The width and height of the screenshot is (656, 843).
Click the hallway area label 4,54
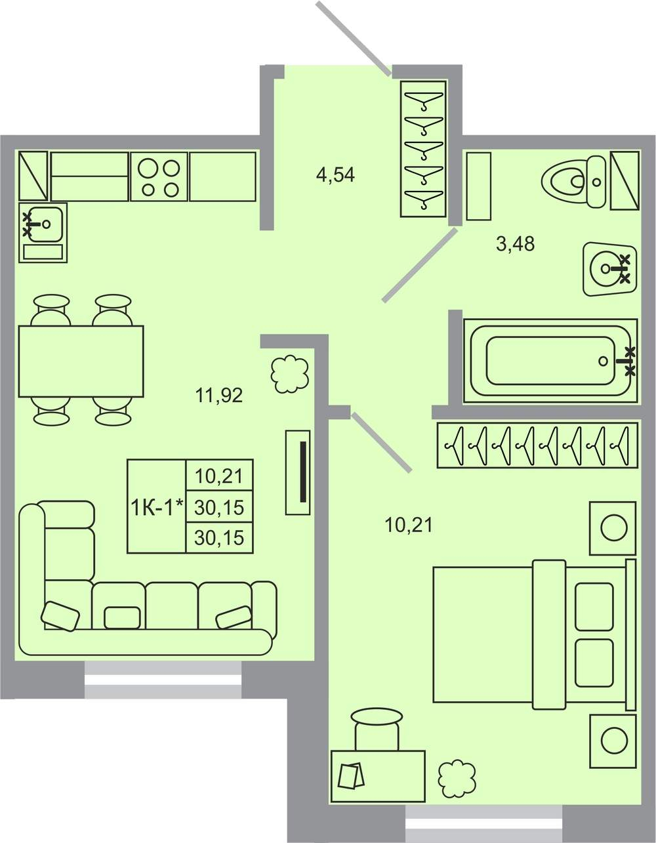336,175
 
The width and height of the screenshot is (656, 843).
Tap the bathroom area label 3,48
515,244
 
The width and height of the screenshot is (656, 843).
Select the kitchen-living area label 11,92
219,396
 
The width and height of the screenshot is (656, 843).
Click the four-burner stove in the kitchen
159,176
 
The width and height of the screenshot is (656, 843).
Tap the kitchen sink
43,232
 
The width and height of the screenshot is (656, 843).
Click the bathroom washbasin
610,269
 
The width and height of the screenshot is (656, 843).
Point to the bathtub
550,361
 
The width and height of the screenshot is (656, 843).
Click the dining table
81,361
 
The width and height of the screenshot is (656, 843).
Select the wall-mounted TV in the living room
298,473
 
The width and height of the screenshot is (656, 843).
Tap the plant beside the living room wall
290,374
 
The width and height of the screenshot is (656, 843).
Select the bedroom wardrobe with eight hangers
537,445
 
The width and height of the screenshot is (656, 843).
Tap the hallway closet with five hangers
424,149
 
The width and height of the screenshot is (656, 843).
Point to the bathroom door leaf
420,265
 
